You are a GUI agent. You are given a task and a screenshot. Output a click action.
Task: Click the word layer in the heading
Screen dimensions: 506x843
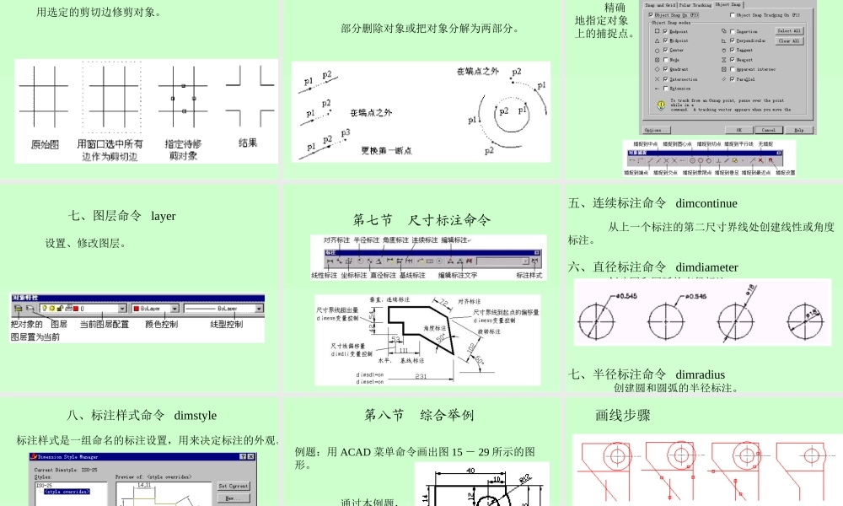pos(164,216)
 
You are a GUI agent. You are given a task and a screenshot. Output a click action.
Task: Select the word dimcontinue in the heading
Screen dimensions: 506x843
pos(706,203)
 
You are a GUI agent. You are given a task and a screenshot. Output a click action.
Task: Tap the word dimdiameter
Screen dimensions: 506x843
pos(706,267)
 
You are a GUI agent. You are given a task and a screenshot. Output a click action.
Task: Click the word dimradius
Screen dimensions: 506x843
pos(700,374)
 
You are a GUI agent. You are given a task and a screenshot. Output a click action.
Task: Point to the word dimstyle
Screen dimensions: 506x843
pos(195,415)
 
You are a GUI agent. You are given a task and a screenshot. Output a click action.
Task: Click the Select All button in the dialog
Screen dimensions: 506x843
pos(789,31)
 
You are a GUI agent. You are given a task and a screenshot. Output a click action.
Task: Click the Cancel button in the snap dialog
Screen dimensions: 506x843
pos(768,130)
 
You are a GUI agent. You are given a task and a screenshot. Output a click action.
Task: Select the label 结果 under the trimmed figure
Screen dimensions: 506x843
pos(248,143)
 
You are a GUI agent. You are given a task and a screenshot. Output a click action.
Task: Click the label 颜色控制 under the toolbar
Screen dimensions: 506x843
pos(161,324)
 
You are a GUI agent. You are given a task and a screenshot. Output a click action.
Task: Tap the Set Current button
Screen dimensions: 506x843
pos(233,486)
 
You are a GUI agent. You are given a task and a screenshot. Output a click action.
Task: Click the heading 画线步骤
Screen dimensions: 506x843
pos(622,415)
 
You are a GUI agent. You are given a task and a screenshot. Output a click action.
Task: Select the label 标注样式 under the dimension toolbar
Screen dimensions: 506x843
pos(529,275)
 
